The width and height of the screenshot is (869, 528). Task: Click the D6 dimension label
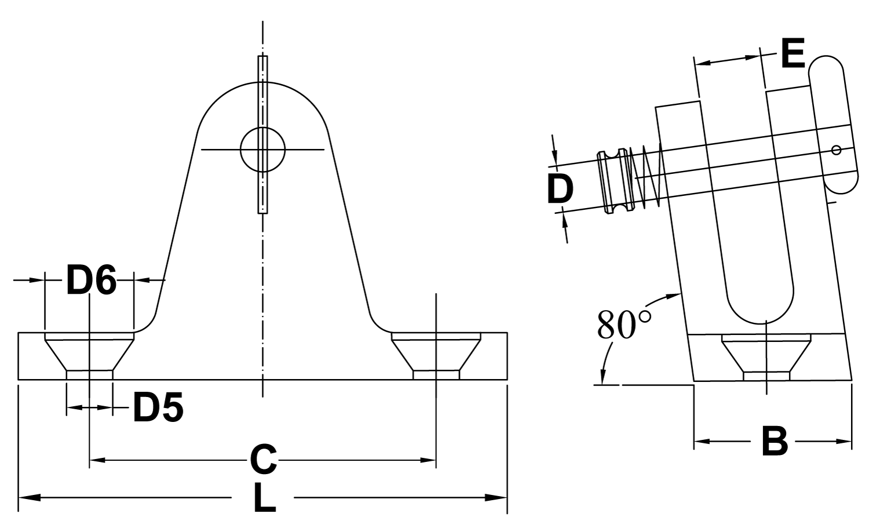[x=91, y=279]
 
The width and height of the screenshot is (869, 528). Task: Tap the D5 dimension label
[x=158, y=407]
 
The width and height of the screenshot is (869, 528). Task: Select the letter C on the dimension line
[x=264, y=460]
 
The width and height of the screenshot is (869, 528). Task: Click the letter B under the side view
[x=775, y=442]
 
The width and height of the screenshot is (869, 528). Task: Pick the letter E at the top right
[x=793, y=54]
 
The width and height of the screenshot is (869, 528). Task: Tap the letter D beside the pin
[x=560, y=189]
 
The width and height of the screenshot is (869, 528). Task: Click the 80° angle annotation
[x=625, y=325]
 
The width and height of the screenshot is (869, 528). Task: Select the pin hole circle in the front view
[x=262, y=150]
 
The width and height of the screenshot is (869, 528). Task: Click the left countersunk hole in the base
[x=89, y=356]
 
